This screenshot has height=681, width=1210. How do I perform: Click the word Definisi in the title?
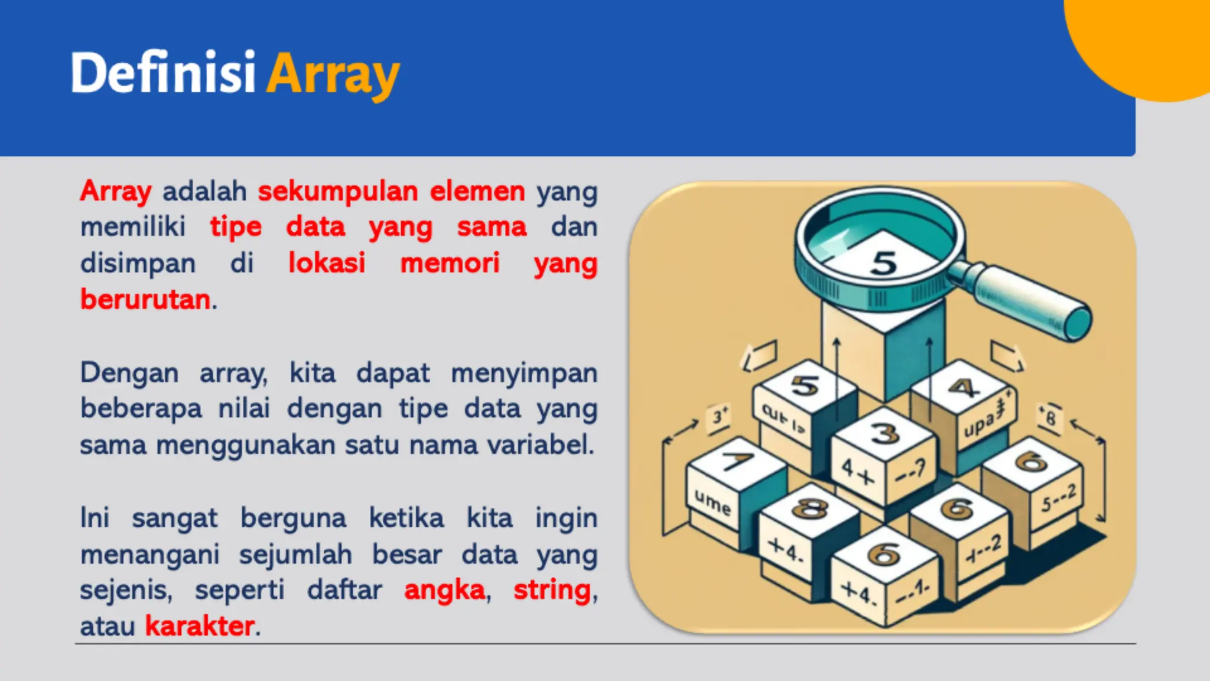[x=162, y=73]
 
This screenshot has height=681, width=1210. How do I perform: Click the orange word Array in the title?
[x=333, y=76]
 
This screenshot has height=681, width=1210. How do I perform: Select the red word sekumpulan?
[x=337, y=192]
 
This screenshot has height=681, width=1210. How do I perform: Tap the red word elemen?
[x=477, y=192]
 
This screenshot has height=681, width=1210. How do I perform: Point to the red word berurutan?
[x=145, y=299]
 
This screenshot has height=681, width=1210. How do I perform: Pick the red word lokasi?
[x=327, y=263]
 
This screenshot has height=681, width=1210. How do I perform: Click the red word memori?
[x=450, y=263]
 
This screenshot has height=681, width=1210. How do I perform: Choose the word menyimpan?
[x=524, y=374]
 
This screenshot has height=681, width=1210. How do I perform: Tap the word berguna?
[x=293, y=518]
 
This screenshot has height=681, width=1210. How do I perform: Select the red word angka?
[x=444, y=590]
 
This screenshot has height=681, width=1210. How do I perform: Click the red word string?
[x=552, y=590]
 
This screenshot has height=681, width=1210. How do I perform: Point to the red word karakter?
[x=200, y=626]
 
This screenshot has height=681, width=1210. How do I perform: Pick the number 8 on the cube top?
[x=809, y=508]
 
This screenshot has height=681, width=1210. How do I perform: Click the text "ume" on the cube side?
[x=713, y=503]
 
